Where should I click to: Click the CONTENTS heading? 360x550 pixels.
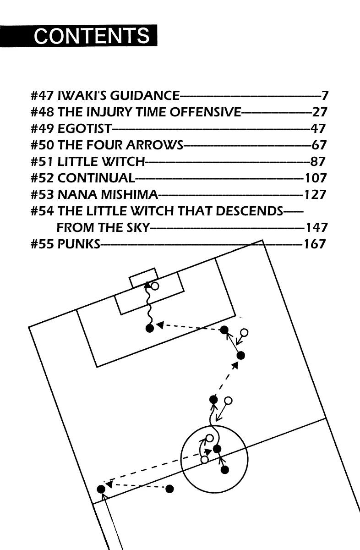coord(92,36)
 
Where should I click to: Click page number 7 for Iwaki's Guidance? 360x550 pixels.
coord(325,96)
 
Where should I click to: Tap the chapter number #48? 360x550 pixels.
coord(42,112)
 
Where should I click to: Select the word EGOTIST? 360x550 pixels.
coord(84,129)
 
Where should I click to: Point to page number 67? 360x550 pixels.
coord(319,145)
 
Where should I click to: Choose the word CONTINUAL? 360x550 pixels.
coord(96,178)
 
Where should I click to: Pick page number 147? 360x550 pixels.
coord(316,227)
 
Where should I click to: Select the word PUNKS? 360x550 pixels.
coord(78,244)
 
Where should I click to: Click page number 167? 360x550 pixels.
coord(315,244)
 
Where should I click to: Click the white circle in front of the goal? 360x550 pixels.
coord(155,286)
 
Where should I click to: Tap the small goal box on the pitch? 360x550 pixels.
coord(143,278)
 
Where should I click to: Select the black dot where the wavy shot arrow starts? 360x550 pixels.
coord(149,328)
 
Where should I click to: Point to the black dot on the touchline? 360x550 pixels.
coord(101,489)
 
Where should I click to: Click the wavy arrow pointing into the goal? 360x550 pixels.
coord(148,305)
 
